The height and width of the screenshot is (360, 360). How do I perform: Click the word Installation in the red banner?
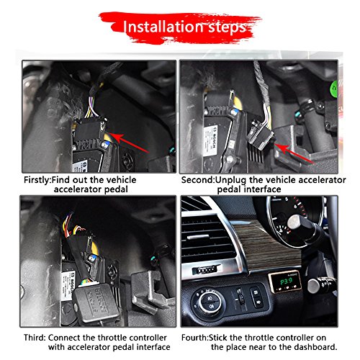pyautogui.click(x=163, y=27)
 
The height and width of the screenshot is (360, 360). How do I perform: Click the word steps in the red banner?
pyautogui.click(x=227, y=28)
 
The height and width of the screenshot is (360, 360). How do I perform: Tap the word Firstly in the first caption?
pyautogui.click(x=37, y=180)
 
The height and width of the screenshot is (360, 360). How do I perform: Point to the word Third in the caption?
pyautogui.click(x=34, y=338)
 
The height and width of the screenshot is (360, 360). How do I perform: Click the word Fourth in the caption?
pyautogui.click(x=194, y=338)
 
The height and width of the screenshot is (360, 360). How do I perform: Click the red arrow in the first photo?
pyautogui.click(x=129, y=143)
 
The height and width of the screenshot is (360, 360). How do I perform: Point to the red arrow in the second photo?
pyautogui.click(x=294, y=153)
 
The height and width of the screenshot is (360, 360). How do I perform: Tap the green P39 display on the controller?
pyautogui.click(x=287, y=282)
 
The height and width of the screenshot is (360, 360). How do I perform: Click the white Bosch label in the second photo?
pyautogui.click(x=211, y=140)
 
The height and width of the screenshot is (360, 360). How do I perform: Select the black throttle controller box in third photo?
pyautogui.click(x=96, y=303)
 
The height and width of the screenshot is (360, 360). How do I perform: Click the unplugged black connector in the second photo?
pyautogui.click(x=260, y=135)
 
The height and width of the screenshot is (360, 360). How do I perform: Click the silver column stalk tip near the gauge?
pyautogui.click(x=297, y=222)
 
